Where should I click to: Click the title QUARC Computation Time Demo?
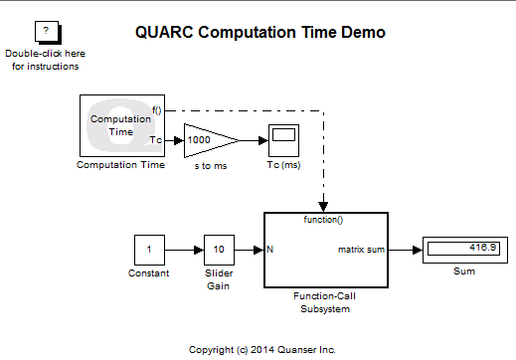click(x=259, y=33)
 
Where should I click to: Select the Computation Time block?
click(x=120, y=125)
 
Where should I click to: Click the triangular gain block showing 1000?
click(x=208, y=140)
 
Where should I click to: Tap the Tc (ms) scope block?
click(x=282, y=140)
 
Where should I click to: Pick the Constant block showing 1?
click(x=149, y=249)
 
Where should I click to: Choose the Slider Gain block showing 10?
click(x=219, y=249)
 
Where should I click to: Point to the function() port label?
click(x=324, y=218)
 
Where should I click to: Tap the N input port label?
click(x=270, y=249)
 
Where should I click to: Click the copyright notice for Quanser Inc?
click(x=262, y=349)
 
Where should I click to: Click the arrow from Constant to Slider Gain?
click(x=184, y=249)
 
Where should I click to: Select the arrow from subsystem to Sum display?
click(x=405, y=249)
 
